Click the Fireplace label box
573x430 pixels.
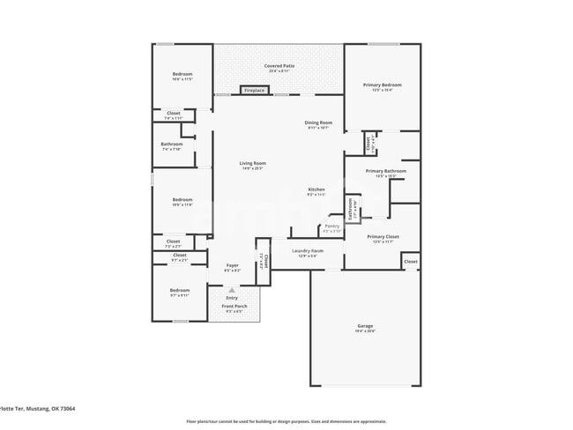pos(255,90)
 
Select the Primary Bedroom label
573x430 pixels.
pos(383,85)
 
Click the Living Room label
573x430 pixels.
pos(252,163)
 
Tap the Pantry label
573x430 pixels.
pos(331,226)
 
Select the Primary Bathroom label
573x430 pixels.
pos(385,171)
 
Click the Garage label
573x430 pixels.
pos(364,326)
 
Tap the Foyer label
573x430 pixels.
pos(232,265)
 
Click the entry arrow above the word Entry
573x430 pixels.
pos(232,289)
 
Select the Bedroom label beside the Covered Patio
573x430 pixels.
pos(182,74)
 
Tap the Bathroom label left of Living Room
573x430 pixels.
pos(171,145)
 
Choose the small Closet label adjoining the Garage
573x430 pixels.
pos(410,263)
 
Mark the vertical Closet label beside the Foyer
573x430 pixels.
pos(263,260)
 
